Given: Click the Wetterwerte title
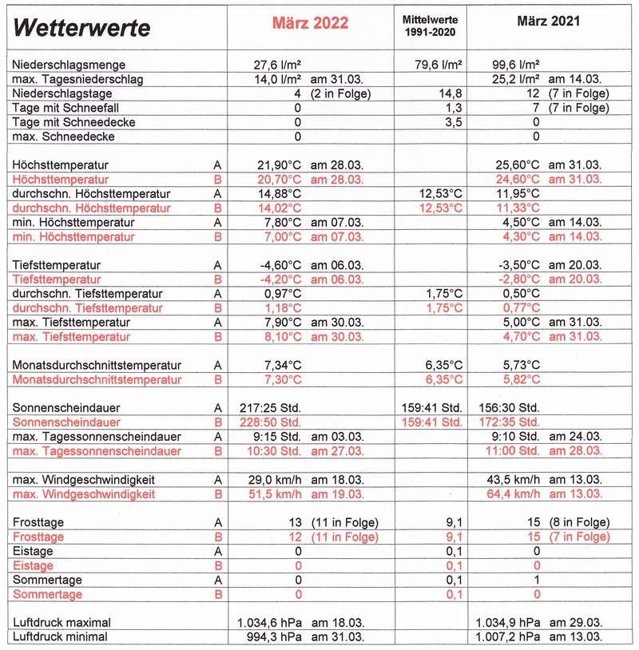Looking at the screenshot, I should [x=82, y=28].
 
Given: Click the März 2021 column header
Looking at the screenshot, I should [x=549, y=22].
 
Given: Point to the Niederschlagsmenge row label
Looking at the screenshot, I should [x=69, y=65].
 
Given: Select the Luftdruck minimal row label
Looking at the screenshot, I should [x=61, y=636].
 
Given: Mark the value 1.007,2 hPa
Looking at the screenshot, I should [x=509, y=636].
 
